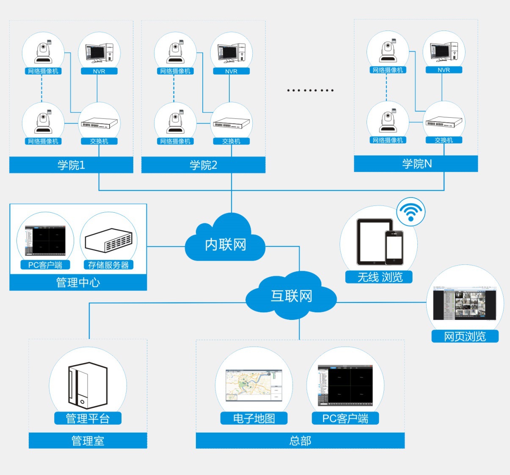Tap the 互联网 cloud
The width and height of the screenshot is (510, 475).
[x=291, y=297]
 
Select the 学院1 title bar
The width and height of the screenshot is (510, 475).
[x=71, y=165]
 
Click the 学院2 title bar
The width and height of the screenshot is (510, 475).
[x=203, y=165]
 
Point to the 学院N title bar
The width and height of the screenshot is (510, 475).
[x=416, y=164]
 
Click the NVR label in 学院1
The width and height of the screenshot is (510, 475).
[x=99, y=71]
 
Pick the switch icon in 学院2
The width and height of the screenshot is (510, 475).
[x=232, y=123]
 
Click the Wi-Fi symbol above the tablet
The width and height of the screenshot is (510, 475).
[x=411, y=211]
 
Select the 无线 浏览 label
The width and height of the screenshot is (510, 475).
[x=379, y=277]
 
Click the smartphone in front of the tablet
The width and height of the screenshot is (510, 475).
[x=394, y=248]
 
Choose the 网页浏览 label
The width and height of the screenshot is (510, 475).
[x=465, y=336]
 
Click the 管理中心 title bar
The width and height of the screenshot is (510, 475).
[x=78, y=282]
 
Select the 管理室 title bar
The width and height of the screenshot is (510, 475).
[x=88, y=441]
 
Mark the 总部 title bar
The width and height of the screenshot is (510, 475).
[x=300, y=441]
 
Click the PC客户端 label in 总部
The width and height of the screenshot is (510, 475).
[x=345, y=418]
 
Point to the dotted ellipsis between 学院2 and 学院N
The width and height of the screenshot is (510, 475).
[x=310, y=90]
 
